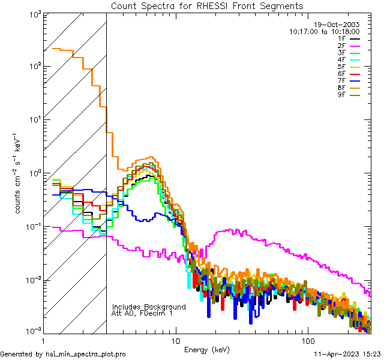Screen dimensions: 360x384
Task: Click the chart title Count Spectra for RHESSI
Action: click(207, 5)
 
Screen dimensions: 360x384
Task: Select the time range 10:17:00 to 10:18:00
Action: click(324, 31)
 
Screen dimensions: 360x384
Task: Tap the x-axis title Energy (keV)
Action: click(207, 349)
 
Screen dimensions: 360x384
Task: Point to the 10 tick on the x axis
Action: click(175, 340)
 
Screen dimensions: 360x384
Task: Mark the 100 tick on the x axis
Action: click(308, 340)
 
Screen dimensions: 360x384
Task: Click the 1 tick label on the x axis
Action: click(43, 340)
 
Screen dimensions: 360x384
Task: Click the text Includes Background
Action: click(149, 307)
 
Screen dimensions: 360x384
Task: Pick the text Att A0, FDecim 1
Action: click(142, 313)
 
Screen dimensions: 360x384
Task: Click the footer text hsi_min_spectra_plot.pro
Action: click(86, 355)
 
